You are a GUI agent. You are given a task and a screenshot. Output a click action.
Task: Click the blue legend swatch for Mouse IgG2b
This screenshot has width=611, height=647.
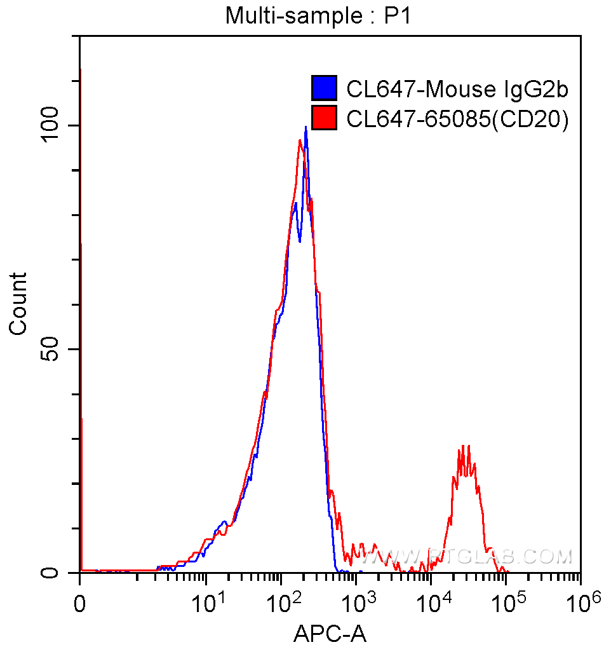[323, 88]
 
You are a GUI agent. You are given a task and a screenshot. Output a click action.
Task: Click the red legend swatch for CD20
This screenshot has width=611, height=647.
[323, 118]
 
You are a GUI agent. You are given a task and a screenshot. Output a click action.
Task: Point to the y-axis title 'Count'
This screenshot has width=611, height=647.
[18, 303]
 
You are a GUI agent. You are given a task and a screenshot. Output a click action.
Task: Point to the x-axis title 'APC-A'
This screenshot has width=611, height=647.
[330, 632]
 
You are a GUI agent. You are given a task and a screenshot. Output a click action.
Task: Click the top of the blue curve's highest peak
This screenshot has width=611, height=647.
[305, 128]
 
